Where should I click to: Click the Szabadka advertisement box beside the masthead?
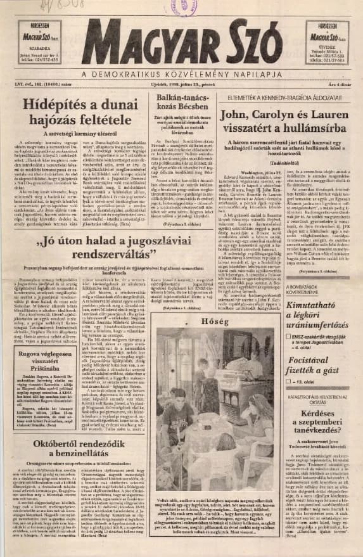39,43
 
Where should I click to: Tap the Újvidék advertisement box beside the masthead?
327,43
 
